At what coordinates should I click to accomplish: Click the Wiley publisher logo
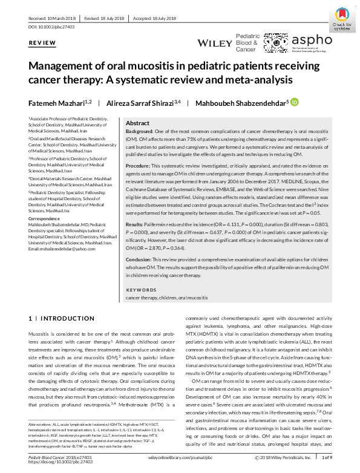pos(214,44)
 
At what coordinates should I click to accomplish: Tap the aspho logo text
pos(312,39)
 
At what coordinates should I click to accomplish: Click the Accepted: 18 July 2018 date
pos(155,18)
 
